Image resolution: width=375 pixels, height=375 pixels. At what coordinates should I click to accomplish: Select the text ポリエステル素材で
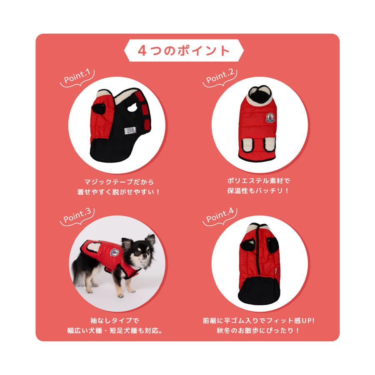(x=258, y=182)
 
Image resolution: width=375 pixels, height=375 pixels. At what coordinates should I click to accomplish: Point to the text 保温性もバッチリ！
(x=258, y=192)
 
